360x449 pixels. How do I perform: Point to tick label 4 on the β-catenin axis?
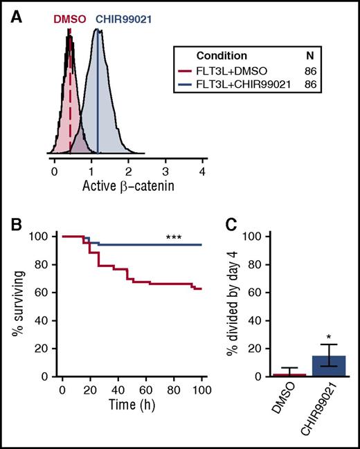click(x=202, y=169)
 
